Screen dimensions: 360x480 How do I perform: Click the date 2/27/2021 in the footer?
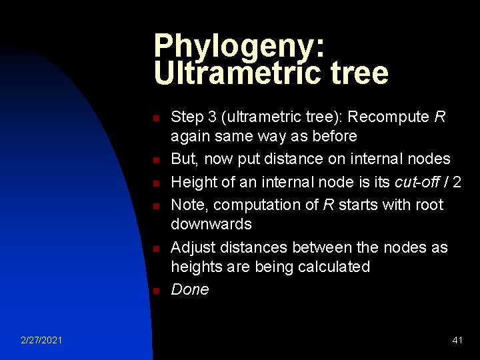click(x=42, y=341)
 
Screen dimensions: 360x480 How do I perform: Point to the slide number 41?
click(x=457, y=341)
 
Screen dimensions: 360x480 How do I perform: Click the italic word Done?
click(x=190, y=289)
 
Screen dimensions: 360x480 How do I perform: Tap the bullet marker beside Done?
click(x=155, y=291)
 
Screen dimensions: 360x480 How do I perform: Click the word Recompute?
click(x=389, y=117)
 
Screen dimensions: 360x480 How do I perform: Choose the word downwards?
click(x=211, y=224)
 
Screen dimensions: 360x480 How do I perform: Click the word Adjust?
click(x=192, y=248)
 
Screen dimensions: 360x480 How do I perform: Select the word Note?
click(x=187, y=205)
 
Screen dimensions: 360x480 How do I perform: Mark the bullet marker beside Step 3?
click(x=155, y=119)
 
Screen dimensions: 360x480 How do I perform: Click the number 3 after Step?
click(x=213, y=117)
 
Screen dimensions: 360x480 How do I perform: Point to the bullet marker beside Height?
click(x=155, y=183)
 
